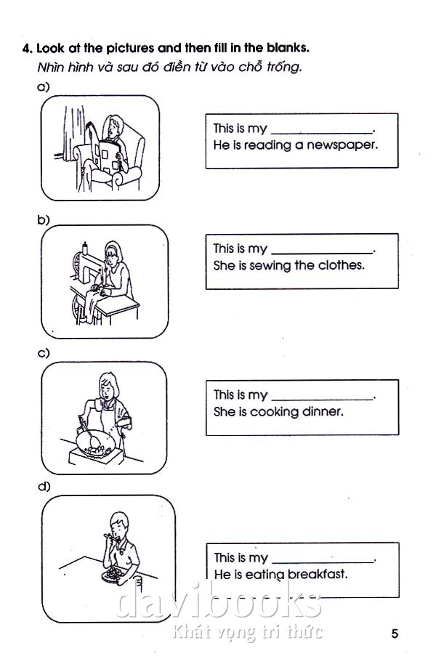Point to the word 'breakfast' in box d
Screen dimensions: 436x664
pos(318,574)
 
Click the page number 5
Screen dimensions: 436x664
pos(395,633)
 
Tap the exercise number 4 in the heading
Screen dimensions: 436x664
pos(27,48)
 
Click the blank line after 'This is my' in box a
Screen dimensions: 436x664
pos(322,132)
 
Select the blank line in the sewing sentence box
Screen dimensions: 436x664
pos(322,253)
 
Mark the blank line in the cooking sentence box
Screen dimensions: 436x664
pos(322,399)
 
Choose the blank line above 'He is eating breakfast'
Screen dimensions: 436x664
pos(323,562)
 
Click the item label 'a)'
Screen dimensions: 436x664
pos(43,86)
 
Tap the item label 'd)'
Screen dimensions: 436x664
pos(44,486)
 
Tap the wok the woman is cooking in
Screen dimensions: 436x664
pos(96,442)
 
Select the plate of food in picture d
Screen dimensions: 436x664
pos(113,575)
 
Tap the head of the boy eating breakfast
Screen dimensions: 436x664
pos(118,525)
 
